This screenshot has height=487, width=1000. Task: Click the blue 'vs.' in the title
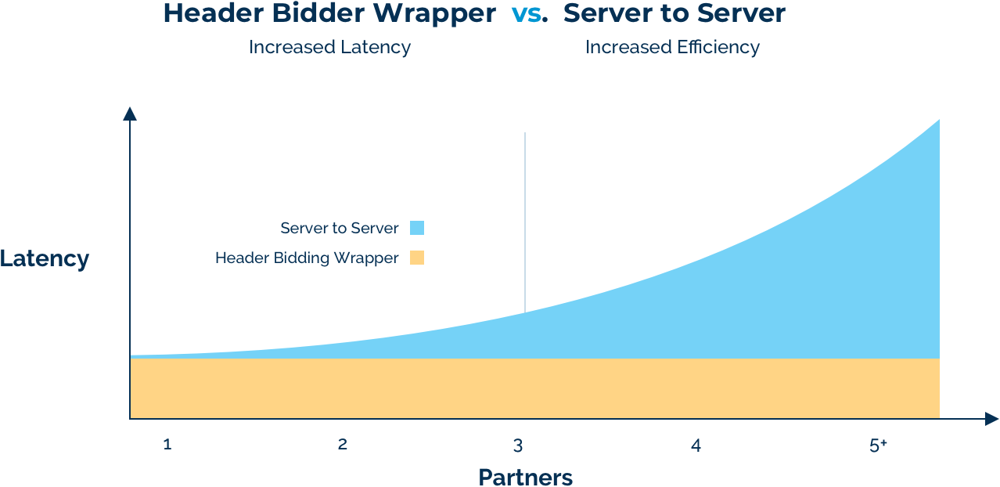pyautogui.click(x=530, y=14)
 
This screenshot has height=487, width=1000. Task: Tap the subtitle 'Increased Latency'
pyautogui.click(x=329, y=47)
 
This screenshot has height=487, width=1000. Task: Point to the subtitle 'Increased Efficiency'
pyautogui.click(x=672, y=47)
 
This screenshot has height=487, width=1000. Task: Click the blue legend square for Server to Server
pyautogui.click(x=417, y=228)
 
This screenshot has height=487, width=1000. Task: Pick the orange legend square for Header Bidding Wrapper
pyautogui.click(x=417, y=258)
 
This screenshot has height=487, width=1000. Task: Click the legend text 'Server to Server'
pyautogui.click(x=340, y=228)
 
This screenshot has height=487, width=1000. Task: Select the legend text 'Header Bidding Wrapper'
pyautogui.click(x=307, y=258)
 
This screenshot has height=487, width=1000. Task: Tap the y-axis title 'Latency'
pyautogui.click(x=44, y=258)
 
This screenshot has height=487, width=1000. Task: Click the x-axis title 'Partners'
pyautogui.click(x=526, y=477)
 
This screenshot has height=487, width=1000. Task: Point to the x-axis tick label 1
pyautogui.click(x=167, y=445)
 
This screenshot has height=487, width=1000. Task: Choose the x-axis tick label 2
pyautogui.click(x=343, y=445)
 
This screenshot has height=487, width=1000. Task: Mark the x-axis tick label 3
pyautogui.click(x=518, y=446)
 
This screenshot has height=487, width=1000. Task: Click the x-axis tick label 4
pyautogui.click(x=696, y=446)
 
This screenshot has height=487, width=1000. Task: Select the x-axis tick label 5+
pyautogui.click(x=878, y=446)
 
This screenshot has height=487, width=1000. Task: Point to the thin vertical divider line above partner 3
pyautogui.click(x=525, y=222)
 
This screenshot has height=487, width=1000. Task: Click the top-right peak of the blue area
pyautogui.click(x=939, y=120)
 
